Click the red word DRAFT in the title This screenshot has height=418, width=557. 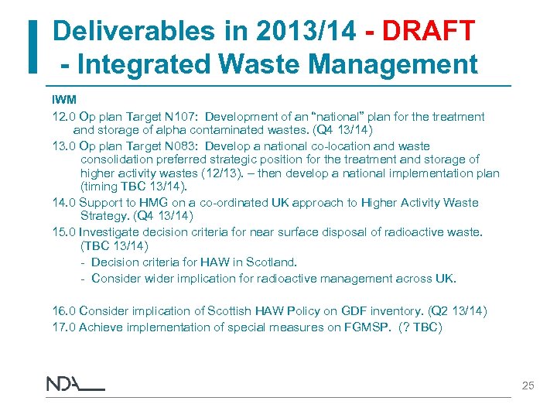(428, 32)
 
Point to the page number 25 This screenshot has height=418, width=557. (528, 385)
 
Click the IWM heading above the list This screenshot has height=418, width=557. (64, 101)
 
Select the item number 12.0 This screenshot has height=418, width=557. (64, 117)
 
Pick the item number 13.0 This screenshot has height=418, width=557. (64, 146)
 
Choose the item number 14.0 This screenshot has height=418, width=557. (64, 203)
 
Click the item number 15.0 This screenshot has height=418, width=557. (64, 232)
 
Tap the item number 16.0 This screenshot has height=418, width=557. (64, 311)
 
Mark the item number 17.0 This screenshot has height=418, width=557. (64, 327)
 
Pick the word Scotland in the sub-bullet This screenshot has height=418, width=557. (271, 262)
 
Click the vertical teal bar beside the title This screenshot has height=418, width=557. (32, 46)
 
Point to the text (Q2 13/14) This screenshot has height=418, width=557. (452, 311)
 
